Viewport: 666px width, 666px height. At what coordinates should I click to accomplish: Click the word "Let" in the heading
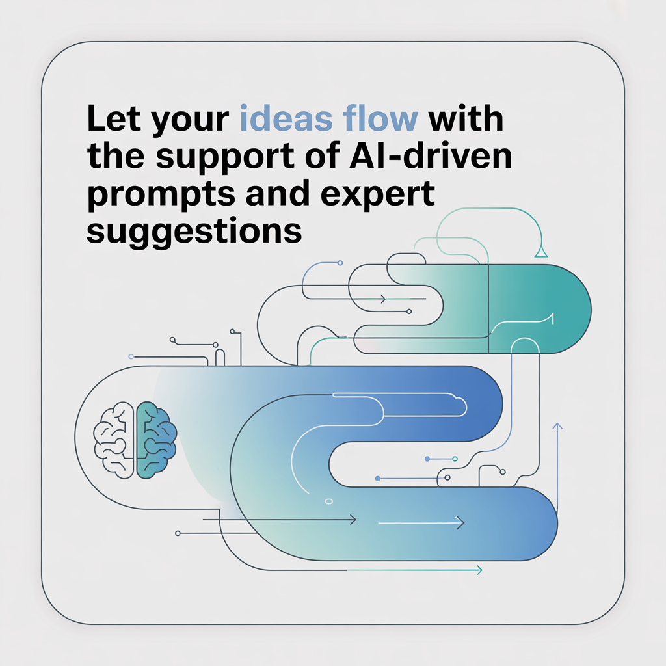pos(112,122)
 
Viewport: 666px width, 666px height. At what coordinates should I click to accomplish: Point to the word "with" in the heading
pos(466,122)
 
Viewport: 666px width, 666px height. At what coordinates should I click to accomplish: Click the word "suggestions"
pos(194,231)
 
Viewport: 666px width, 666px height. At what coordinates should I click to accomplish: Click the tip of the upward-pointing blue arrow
pos(557,423)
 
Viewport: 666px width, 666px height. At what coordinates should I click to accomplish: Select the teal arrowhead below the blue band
pos(479,570)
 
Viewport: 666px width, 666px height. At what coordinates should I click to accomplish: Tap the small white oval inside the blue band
pos(328,501)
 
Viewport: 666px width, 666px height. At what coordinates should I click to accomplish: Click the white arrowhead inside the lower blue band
pos(460,522)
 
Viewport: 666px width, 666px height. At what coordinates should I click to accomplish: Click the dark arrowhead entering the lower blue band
pos(353,519)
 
